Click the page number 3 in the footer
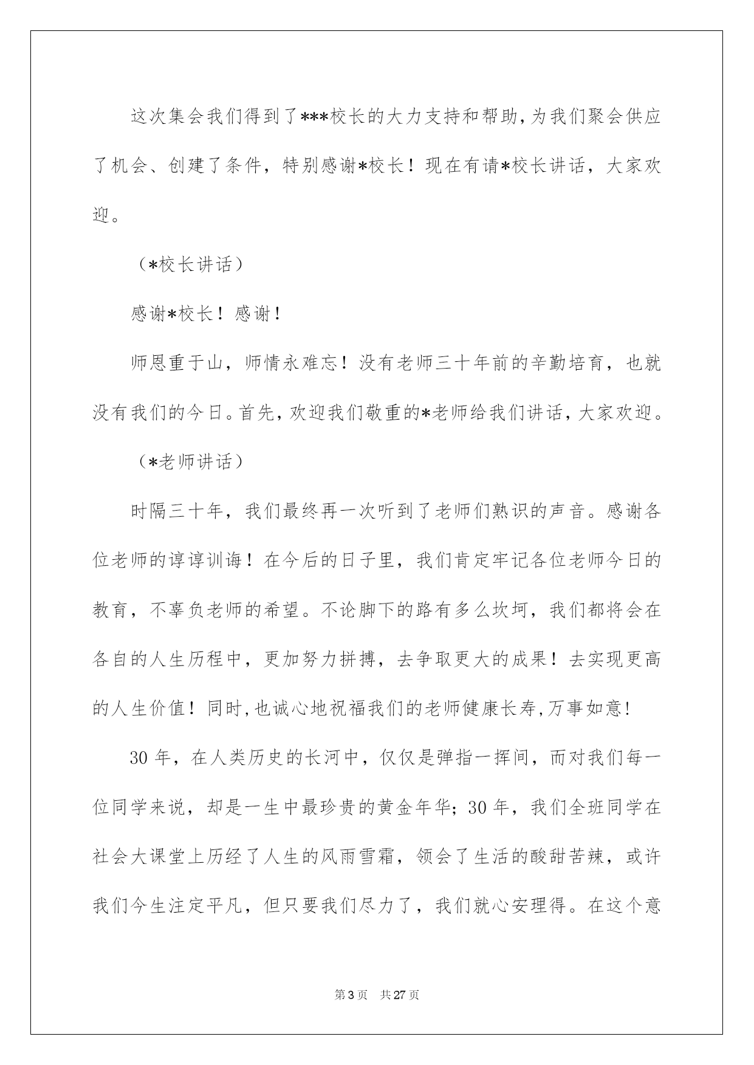tap(356, 995)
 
